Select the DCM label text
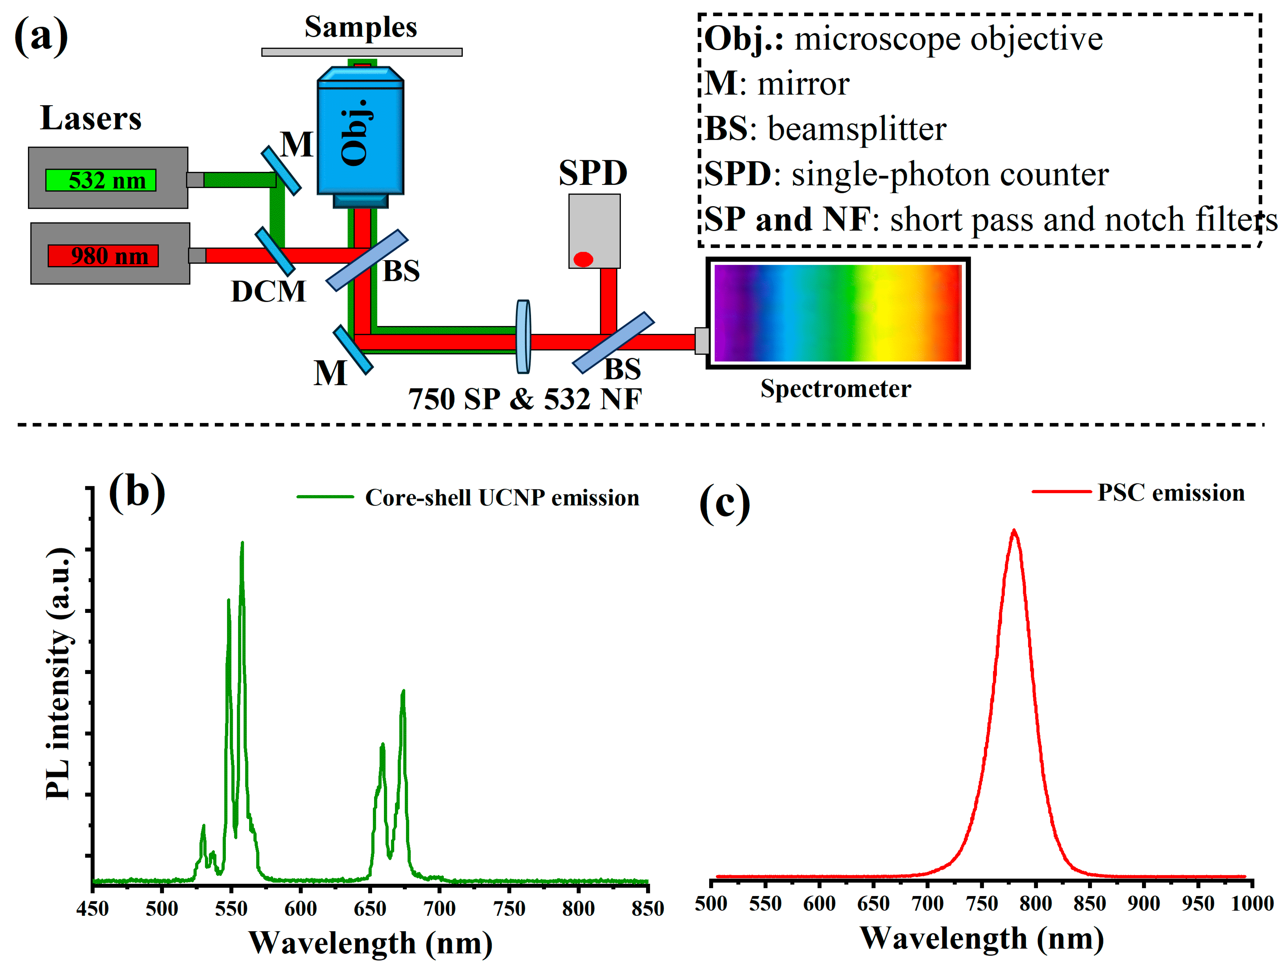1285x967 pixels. click(x=268, y=291)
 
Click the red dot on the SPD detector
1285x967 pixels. click(x=583, y=259)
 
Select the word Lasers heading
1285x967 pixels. click(x=91, y=119)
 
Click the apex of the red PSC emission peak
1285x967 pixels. click(x=1014, y=531)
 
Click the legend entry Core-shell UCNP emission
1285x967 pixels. click(x=501, y=498)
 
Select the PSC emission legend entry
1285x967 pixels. click(x=1170, y=493)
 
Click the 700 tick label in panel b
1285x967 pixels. click(x=439, y=908)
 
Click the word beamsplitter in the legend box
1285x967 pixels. click(x=857, y=129)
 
